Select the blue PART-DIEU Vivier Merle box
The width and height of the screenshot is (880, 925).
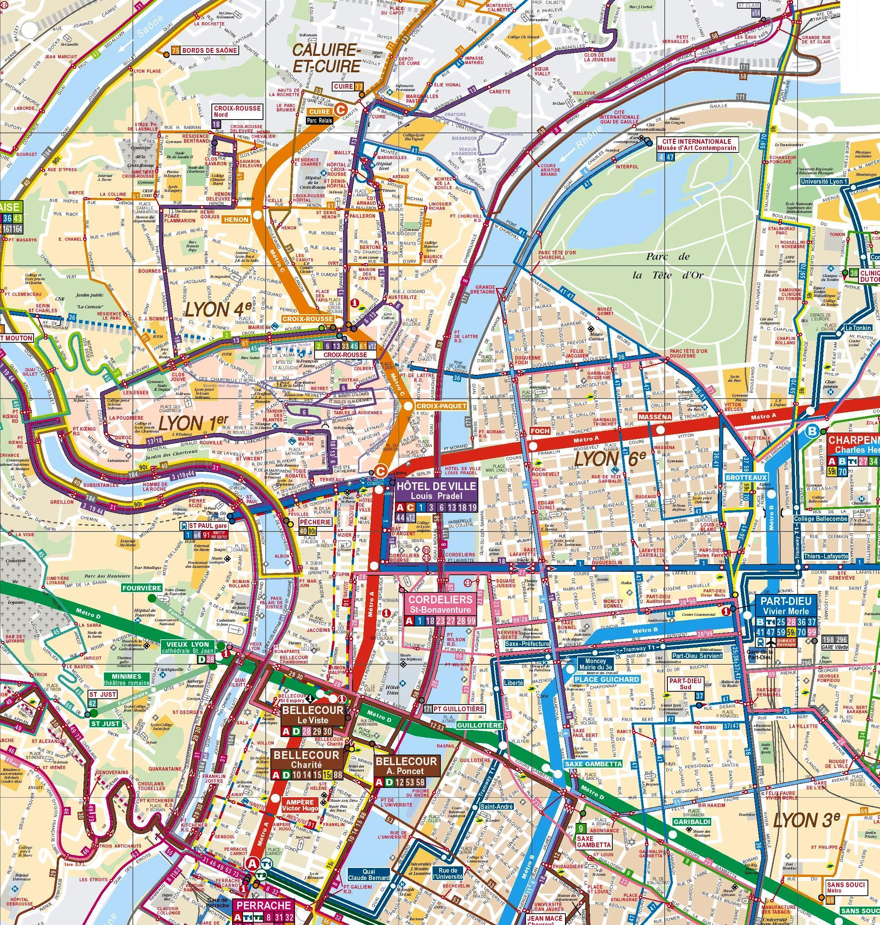(x=785, y=606)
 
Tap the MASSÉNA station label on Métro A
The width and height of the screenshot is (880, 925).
(x=655, y=417)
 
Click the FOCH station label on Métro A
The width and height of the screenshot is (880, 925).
(x=539, y=431)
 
